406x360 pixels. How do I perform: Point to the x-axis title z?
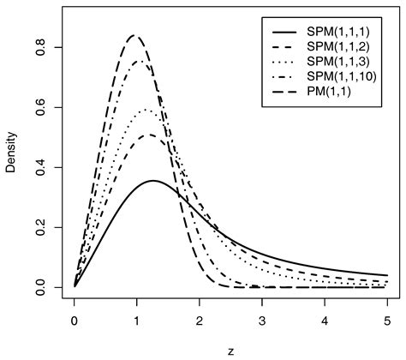pos(231,351)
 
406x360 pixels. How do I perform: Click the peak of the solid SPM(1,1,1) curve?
pos(153,181)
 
